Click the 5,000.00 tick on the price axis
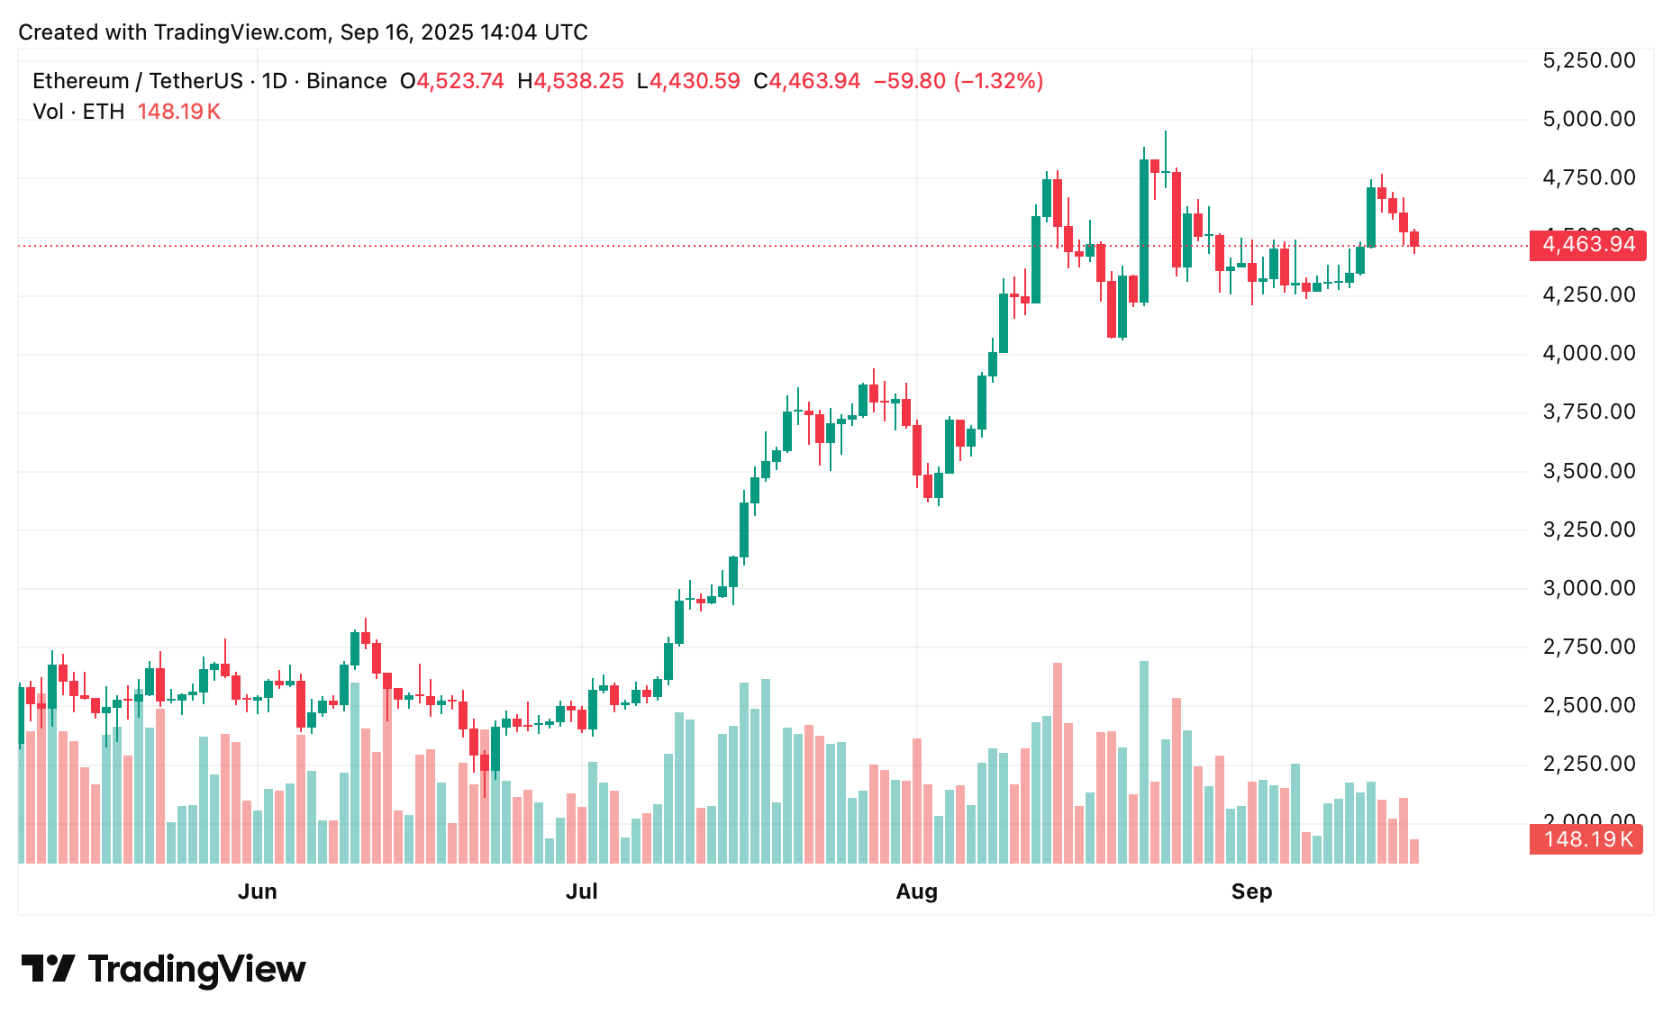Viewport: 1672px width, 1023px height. [x=1588, y=119]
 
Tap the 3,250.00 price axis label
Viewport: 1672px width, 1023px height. [x=1588, y=530]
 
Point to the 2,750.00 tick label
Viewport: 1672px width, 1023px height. [x=1588, y=647]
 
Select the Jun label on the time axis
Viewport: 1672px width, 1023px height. [x=257, y=892]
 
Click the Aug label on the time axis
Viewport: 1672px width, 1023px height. [x=916, y=892]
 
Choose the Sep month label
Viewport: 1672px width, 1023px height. [x=1251, y=892]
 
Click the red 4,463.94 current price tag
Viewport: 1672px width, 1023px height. [x=1587, y=245]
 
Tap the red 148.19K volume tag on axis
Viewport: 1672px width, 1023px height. [x=1586, y=839]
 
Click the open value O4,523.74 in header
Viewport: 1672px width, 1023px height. [x=452, y=81]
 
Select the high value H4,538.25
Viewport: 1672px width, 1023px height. [x=570, y=81]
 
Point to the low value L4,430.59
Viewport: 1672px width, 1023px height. [x=688, y=81]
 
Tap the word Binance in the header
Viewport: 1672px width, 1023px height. [x=346, y=81]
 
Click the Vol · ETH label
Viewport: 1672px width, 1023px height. [x=78, y=112]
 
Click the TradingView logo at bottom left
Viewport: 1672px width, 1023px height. [x=163, y=969]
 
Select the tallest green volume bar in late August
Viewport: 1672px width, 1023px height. [x=1144, y=762]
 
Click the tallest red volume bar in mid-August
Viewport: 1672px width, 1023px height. [x=1058, y=763]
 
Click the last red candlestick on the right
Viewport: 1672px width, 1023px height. [x=1414, y=239]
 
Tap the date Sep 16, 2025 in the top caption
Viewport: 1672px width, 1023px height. [x=406, y=32]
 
